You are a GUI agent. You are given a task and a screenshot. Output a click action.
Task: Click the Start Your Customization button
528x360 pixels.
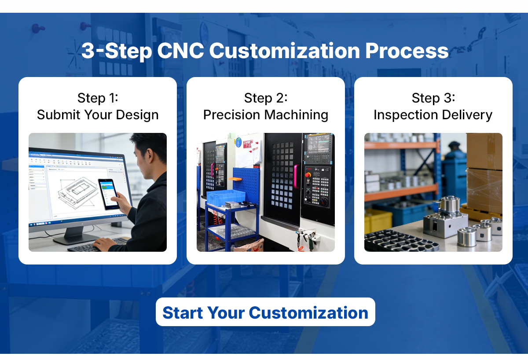pos(265,312)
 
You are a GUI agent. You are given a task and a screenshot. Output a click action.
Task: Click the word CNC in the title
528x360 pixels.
pos(180,51)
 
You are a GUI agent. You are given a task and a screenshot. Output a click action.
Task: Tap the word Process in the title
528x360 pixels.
pos(407,51)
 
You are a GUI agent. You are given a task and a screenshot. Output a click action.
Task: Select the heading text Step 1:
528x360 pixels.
pos(98,98)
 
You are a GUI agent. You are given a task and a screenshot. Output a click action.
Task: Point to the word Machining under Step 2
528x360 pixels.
pos(296,115)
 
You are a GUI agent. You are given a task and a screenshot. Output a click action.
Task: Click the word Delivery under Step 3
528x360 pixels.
pos(467,115)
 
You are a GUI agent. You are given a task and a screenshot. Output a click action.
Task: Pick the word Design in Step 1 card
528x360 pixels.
pos(137,115)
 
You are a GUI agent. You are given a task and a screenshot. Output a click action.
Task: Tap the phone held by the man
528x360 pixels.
pos(108,194)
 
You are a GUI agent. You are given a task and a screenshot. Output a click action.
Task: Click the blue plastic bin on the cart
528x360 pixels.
pos(226,198)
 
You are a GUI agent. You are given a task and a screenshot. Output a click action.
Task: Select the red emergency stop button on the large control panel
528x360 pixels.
pos(308,175)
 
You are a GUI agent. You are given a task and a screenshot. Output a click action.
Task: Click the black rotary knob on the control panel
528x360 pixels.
pos(324,202)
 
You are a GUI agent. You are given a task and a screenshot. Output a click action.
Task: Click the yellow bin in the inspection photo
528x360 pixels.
pos(378,221)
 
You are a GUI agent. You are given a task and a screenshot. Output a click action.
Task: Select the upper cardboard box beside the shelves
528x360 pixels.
pos(484,151)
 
